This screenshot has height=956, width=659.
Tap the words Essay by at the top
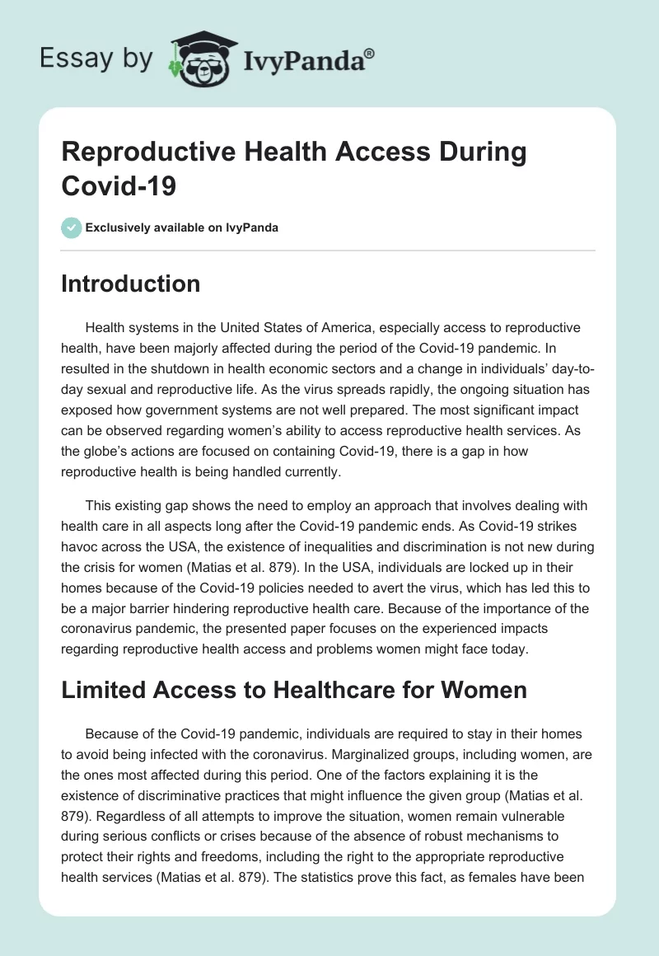tap(96, 59)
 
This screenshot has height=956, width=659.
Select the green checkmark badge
tap(72, 227)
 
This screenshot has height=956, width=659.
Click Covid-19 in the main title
tap(119, 185)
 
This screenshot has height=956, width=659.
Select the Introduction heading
tap(131, 284)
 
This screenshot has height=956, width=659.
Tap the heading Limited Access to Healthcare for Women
tap(294, 689)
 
